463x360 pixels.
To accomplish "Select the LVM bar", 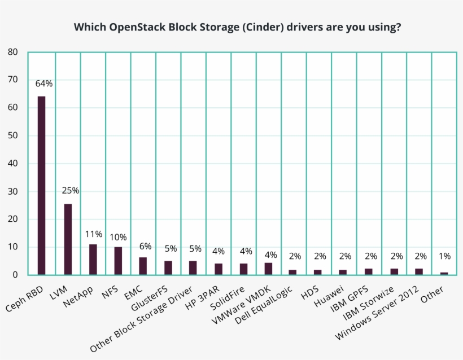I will pyautogui.click(x=68, y=239).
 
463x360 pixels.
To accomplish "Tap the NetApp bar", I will pyautogui.click(x=93, y=260).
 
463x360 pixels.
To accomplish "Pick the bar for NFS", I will pyautogui.click(x=118, y=261).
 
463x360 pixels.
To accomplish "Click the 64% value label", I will pyautogui.click(x=43, y=84).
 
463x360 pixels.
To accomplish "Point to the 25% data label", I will pyautogui.click(x=70, y=191).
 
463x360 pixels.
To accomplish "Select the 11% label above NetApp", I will pyautogui.click(x=94, y=234).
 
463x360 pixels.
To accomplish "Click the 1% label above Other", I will pyautogui.click(x=444, y=256).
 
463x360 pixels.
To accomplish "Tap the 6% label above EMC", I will pyautogui.click(x=146, y=246).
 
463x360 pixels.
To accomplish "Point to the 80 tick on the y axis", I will pyautogui.click(x=13, y=52).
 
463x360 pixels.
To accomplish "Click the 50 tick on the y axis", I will pyautogui.click(x=13, y=135).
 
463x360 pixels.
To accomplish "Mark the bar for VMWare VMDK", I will pyautogui.click(x=269, y=269).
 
